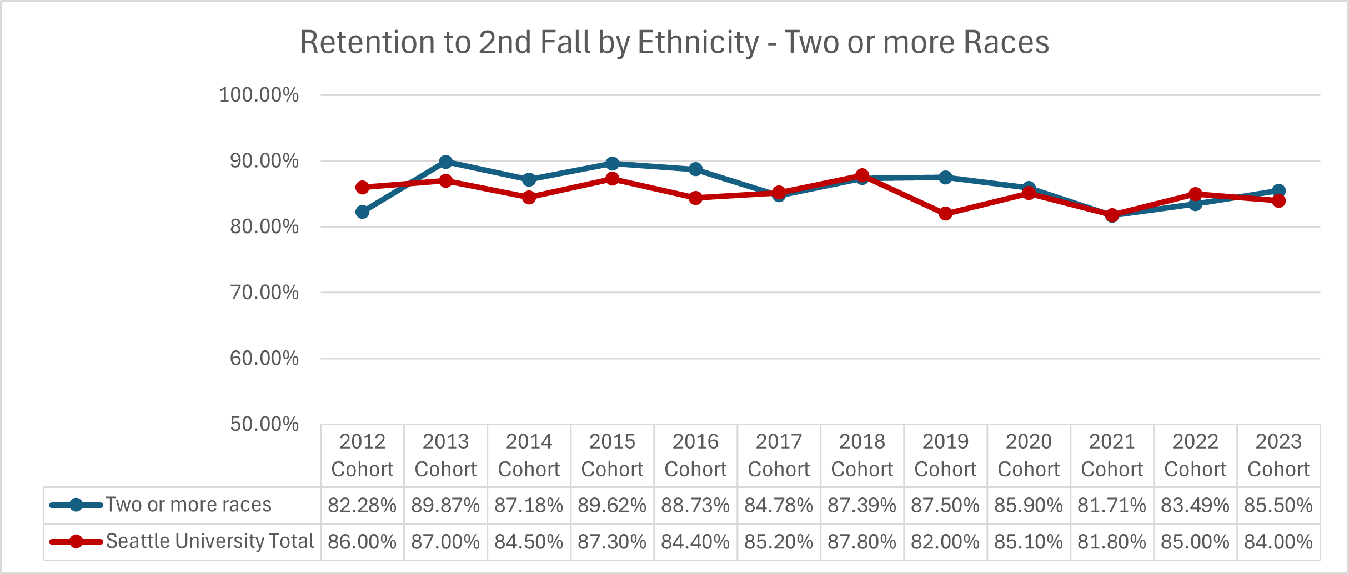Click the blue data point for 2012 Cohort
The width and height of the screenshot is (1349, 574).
(x=362, y=212)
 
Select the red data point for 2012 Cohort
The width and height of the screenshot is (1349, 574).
(x=362, y=187)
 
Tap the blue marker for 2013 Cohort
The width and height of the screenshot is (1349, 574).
(x=445, y=162)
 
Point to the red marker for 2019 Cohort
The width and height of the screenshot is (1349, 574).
(x=945, y=213)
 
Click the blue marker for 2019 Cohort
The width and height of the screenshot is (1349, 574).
(x=945, y=177)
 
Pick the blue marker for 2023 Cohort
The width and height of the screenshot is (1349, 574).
(x=1278, y=190)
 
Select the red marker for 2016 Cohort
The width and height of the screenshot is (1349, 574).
(x=695, y=198)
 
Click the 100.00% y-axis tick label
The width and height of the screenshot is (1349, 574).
(x=259, y=95)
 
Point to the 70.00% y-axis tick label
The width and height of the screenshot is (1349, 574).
(x=264, y=293)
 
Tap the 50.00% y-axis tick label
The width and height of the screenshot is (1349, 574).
(x=264, y=424)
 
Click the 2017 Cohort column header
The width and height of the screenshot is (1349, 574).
(x=779, y=455)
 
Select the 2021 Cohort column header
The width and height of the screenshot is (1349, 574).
(x=1112, y=455)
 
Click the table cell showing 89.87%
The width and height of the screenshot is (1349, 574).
(x=445, y=505)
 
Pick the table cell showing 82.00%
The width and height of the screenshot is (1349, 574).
(x=945, y=541)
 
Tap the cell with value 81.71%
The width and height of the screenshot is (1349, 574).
(x=1112, y=505)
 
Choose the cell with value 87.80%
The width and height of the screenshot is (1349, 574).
(x=862, y=541)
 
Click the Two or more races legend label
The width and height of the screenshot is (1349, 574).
(x=189, y=505)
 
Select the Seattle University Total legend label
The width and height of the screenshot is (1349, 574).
(x=210, y=541)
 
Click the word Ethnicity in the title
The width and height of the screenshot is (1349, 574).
(x=698, y=42)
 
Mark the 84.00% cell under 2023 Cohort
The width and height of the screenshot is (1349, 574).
(x=1278, y=541)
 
